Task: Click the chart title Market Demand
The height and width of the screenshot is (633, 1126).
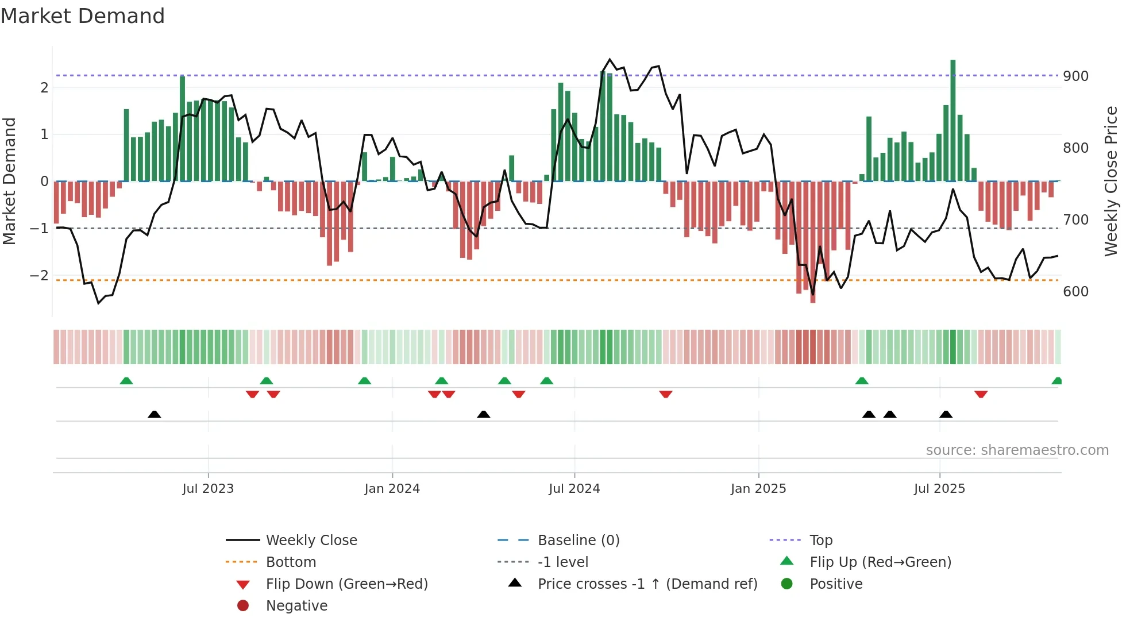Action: tap(83, 16)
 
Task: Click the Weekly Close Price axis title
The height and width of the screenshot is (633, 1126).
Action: tap(1110, 181)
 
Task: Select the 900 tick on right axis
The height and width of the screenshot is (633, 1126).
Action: tap(1075, 76)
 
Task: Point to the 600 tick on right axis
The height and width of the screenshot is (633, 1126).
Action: tap(1075, 292)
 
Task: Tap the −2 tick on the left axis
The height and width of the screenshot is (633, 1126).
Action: tap(39, 276)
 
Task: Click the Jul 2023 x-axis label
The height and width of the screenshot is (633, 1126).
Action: tap(208, 489)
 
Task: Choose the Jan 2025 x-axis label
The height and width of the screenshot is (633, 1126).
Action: tap(758, 489)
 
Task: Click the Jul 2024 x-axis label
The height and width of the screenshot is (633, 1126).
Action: tap(574, 489)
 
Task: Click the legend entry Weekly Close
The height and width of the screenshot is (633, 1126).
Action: tap(311, 541)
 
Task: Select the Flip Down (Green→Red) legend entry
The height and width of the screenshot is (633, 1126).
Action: tap(346, 584)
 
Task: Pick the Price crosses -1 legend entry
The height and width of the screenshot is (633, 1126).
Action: tap(647, 584)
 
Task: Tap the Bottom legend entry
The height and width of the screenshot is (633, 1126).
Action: tap(291, 562)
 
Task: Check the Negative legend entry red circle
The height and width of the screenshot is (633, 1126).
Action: tap(243, 606)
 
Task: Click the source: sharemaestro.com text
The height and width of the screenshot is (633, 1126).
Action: tap(1017, 450)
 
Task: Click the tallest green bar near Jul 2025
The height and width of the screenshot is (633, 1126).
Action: tap(953, 121)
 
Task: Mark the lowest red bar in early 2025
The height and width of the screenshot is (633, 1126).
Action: tap(813, 241)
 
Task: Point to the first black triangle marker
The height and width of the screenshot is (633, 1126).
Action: tap(154, 414)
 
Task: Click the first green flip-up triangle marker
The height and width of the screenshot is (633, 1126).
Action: tap(126, 381)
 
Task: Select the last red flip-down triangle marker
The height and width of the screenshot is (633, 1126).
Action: tap(981, 394)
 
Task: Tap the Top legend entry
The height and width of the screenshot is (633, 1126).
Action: tap(820, 541)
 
